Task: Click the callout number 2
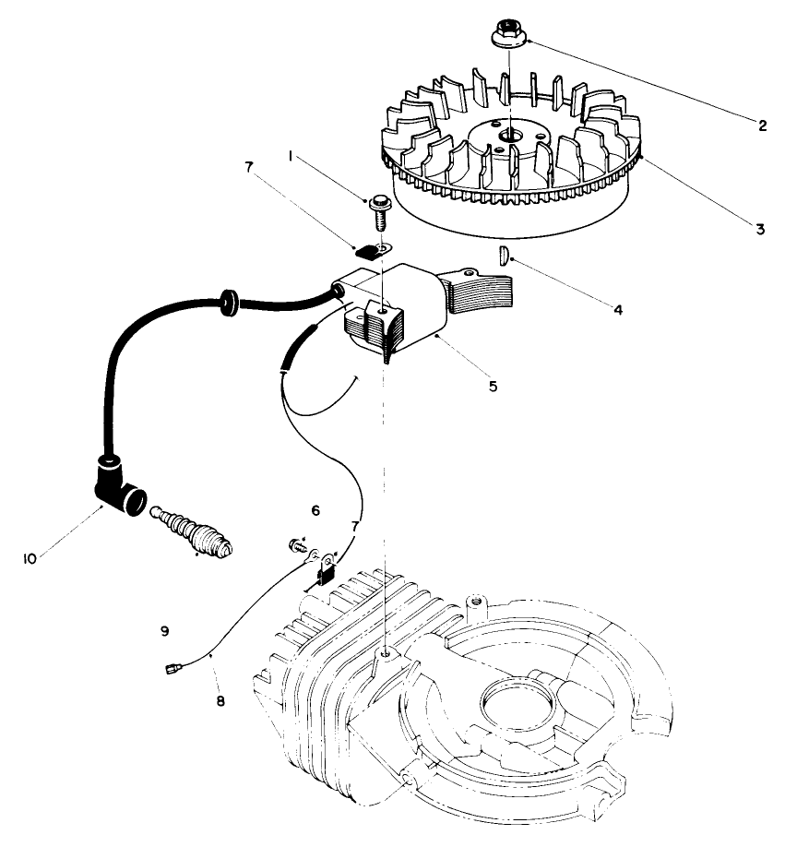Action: pos(762,126)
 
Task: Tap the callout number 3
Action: pos(760,229)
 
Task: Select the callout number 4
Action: pos(618,310)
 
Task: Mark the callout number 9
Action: pos(164,632)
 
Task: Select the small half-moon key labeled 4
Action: pos(503,256)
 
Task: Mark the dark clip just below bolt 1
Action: pos(368,248)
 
